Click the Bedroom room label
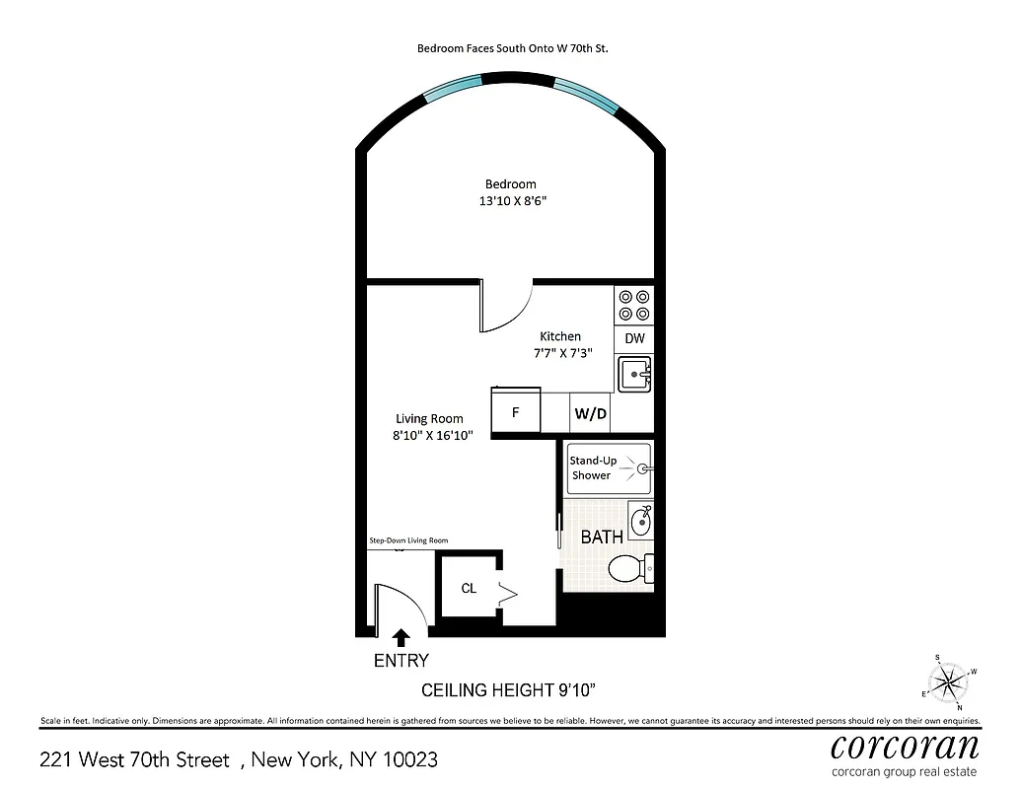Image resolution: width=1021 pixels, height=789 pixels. tap(510, 183)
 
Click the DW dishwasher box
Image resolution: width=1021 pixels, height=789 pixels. tap(634, 338)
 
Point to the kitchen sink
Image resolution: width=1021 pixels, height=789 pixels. tap(633, 375)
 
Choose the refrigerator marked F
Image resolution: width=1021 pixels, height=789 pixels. tap(516, 412)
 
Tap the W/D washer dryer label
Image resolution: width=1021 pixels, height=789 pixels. tap(590, 413)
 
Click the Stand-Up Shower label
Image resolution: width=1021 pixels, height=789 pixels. tap(592, 467)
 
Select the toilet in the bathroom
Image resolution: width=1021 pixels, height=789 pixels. tap(628, 569)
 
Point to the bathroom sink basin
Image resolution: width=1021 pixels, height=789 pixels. tap(640, 522)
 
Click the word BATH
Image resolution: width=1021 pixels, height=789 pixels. tap(601, 538)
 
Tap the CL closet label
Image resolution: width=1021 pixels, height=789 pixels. tap(469, 588)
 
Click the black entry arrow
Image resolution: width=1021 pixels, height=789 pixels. tap(401, 639)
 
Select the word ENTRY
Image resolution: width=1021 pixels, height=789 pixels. tap(401, 661)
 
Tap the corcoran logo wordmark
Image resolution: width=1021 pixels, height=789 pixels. tap(905, 745)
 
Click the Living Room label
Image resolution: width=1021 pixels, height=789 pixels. tap(429, 418)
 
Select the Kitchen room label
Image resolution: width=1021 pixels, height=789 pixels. tap(559, 336)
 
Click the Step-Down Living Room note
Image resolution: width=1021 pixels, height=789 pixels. tap(408, 540)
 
